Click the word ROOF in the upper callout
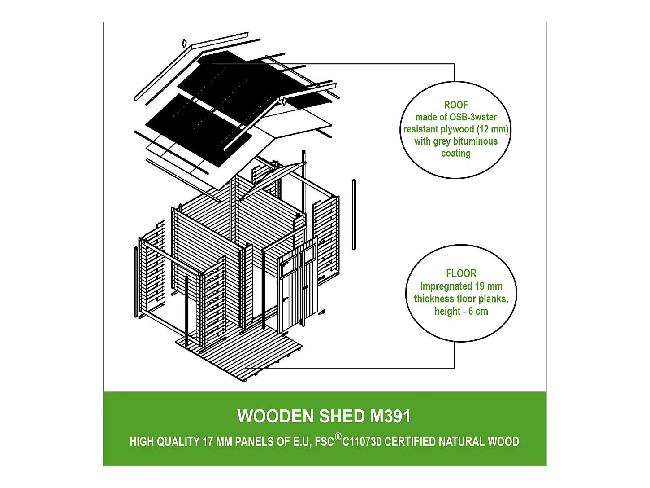click(455, 105)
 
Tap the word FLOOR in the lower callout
click(461, 273)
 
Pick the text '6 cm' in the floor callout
click(478, 312)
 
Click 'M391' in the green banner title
click(390, 417)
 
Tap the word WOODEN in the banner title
click(275, 417)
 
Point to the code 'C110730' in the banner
click(362, 442)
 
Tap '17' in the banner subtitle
click(208, 442)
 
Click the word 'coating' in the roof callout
click(455, 154)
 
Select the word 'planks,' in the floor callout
click(493, 299)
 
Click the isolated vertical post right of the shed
click(354, 214)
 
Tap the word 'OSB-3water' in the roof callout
click(473, 117)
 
